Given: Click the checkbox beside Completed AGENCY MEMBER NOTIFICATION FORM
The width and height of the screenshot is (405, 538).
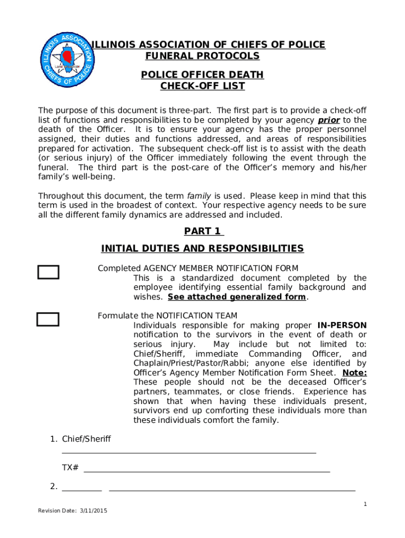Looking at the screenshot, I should (x=48, y=272).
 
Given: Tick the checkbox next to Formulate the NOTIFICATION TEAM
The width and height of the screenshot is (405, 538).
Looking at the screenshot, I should (x=48, y=319).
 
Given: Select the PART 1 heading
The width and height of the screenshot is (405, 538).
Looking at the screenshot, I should (x=204, y=231).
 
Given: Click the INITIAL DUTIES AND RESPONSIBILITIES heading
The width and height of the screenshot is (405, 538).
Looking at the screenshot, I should (x=202, y=249).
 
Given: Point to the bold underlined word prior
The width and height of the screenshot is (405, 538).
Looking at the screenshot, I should (x=329, y=120).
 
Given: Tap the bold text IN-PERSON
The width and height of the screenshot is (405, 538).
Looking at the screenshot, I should (x=342, y=325).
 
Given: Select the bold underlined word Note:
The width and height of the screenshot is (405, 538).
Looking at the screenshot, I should (x=355, y=373).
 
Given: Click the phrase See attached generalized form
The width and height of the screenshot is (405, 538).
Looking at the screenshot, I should (x=237, y=297).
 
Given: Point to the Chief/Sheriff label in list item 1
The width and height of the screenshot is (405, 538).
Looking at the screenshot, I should (x=86, y=439).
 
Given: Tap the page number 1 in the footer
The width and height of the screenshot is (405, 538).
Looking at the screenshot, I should (x=365, y=504).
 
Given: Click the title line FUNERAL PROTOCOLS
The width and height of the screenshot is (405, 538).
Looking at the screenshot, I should (x=202, y=56).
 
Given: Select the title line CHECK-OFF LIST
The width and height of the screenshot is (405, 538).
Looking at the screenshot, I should (x=202, y=86).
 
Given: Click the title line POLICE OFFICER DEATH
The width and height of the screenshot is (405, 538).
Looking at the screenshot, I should (x=202, y=75).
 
